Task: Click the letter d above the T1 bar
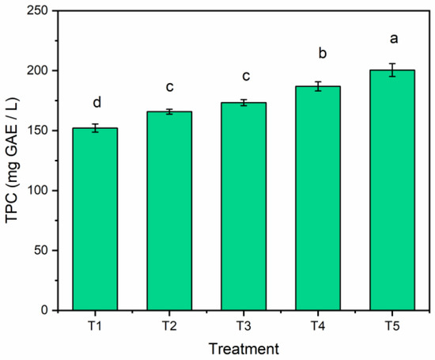tap(95, 103)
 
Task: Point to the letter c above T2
tap(169, 87)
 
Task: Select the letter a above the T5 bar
tap(392, 37)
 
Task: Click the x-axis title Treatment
tap(243, 347)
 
